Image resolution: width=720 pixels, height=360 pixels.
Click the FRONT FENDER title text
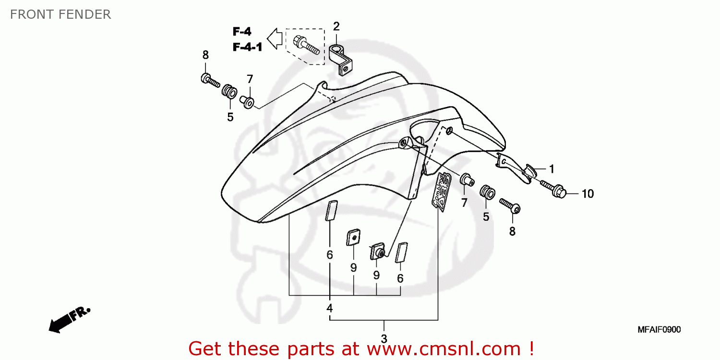click(60, 14)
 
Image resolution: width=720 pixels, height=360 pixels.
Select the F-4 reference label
click(242, 32)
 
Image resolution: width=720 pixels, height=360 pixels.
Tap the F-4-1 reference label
click(247, 47)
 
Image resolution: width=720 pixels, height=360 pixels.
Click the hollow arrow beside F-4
click(275, 39)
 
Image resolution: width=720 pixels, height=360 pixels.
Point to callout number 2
click(336, 26)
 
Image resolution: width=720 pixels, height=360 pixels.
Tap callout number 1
click(552, 169)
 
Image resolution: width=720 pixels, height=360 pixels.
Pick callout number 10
click(588, 194)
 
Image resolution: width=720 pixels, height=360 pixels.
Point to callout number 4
click(330, 308)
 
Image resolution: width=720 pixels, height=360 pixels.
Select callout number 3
click(384, 339)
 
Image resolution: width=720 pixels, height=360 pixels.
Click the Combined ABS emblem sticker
click(442, 191)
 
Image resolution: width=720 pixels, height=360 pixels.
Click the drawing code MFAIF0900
click(659, 330)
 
